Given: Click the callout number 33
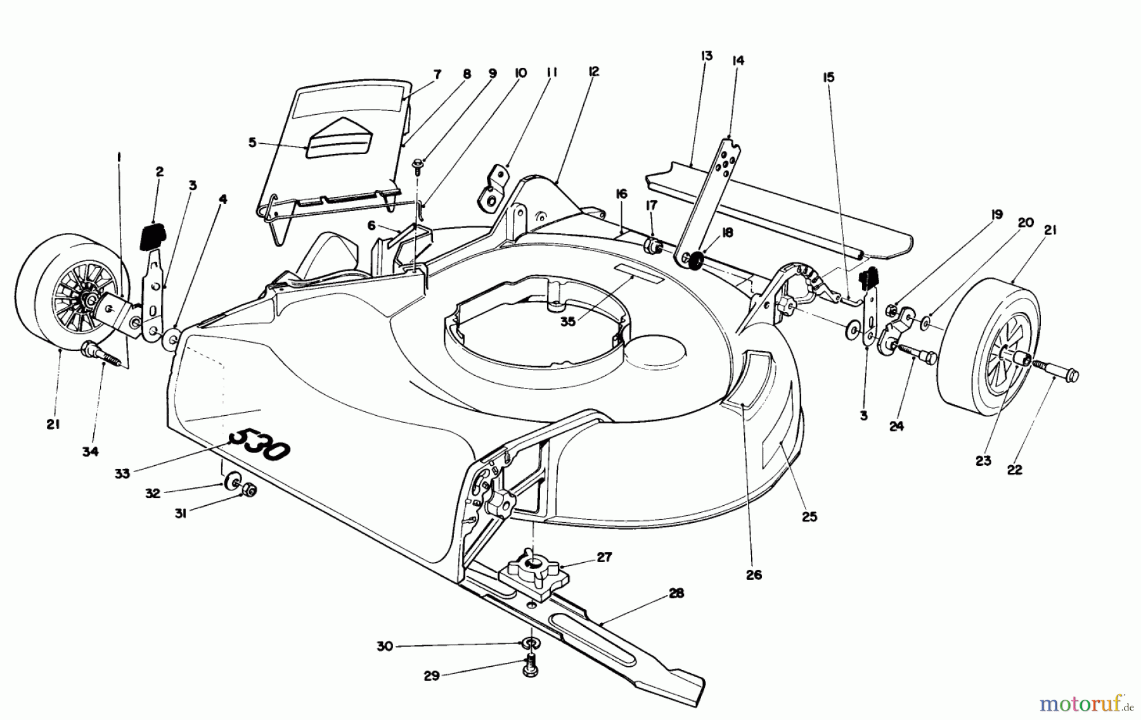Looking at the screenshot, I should pyautogui.click(x=122, y=472).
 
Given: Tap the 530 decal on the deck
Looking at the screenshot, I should pyautogui.click(x=259, y=443).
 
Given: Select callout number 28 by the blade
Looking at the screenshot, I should pyautogui.click(x=676, y=593).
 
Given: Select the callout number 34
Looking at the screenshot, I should pyautogui.click(x=91, y=451).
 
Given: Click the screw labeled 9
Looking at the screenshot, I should pyautogui.click(x=418, y=166).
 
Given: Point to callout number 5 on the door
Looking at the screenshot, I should pyautogui.click(x=252, y=143).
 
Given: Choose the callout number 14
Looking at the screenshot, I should pyautogui.click(x=737, y=61).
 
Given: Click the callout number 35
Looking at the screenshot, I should pyautogui.click(x=567, y=321).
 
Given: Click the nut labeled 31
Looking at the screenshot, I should pyautogui.click(x=250, y=489).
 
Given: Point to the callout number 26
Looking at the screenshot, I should pyautogui.click(x=754, y=575).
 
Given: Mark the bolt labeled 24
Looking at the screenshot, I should pyautogui.click(x=917, y=352).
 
